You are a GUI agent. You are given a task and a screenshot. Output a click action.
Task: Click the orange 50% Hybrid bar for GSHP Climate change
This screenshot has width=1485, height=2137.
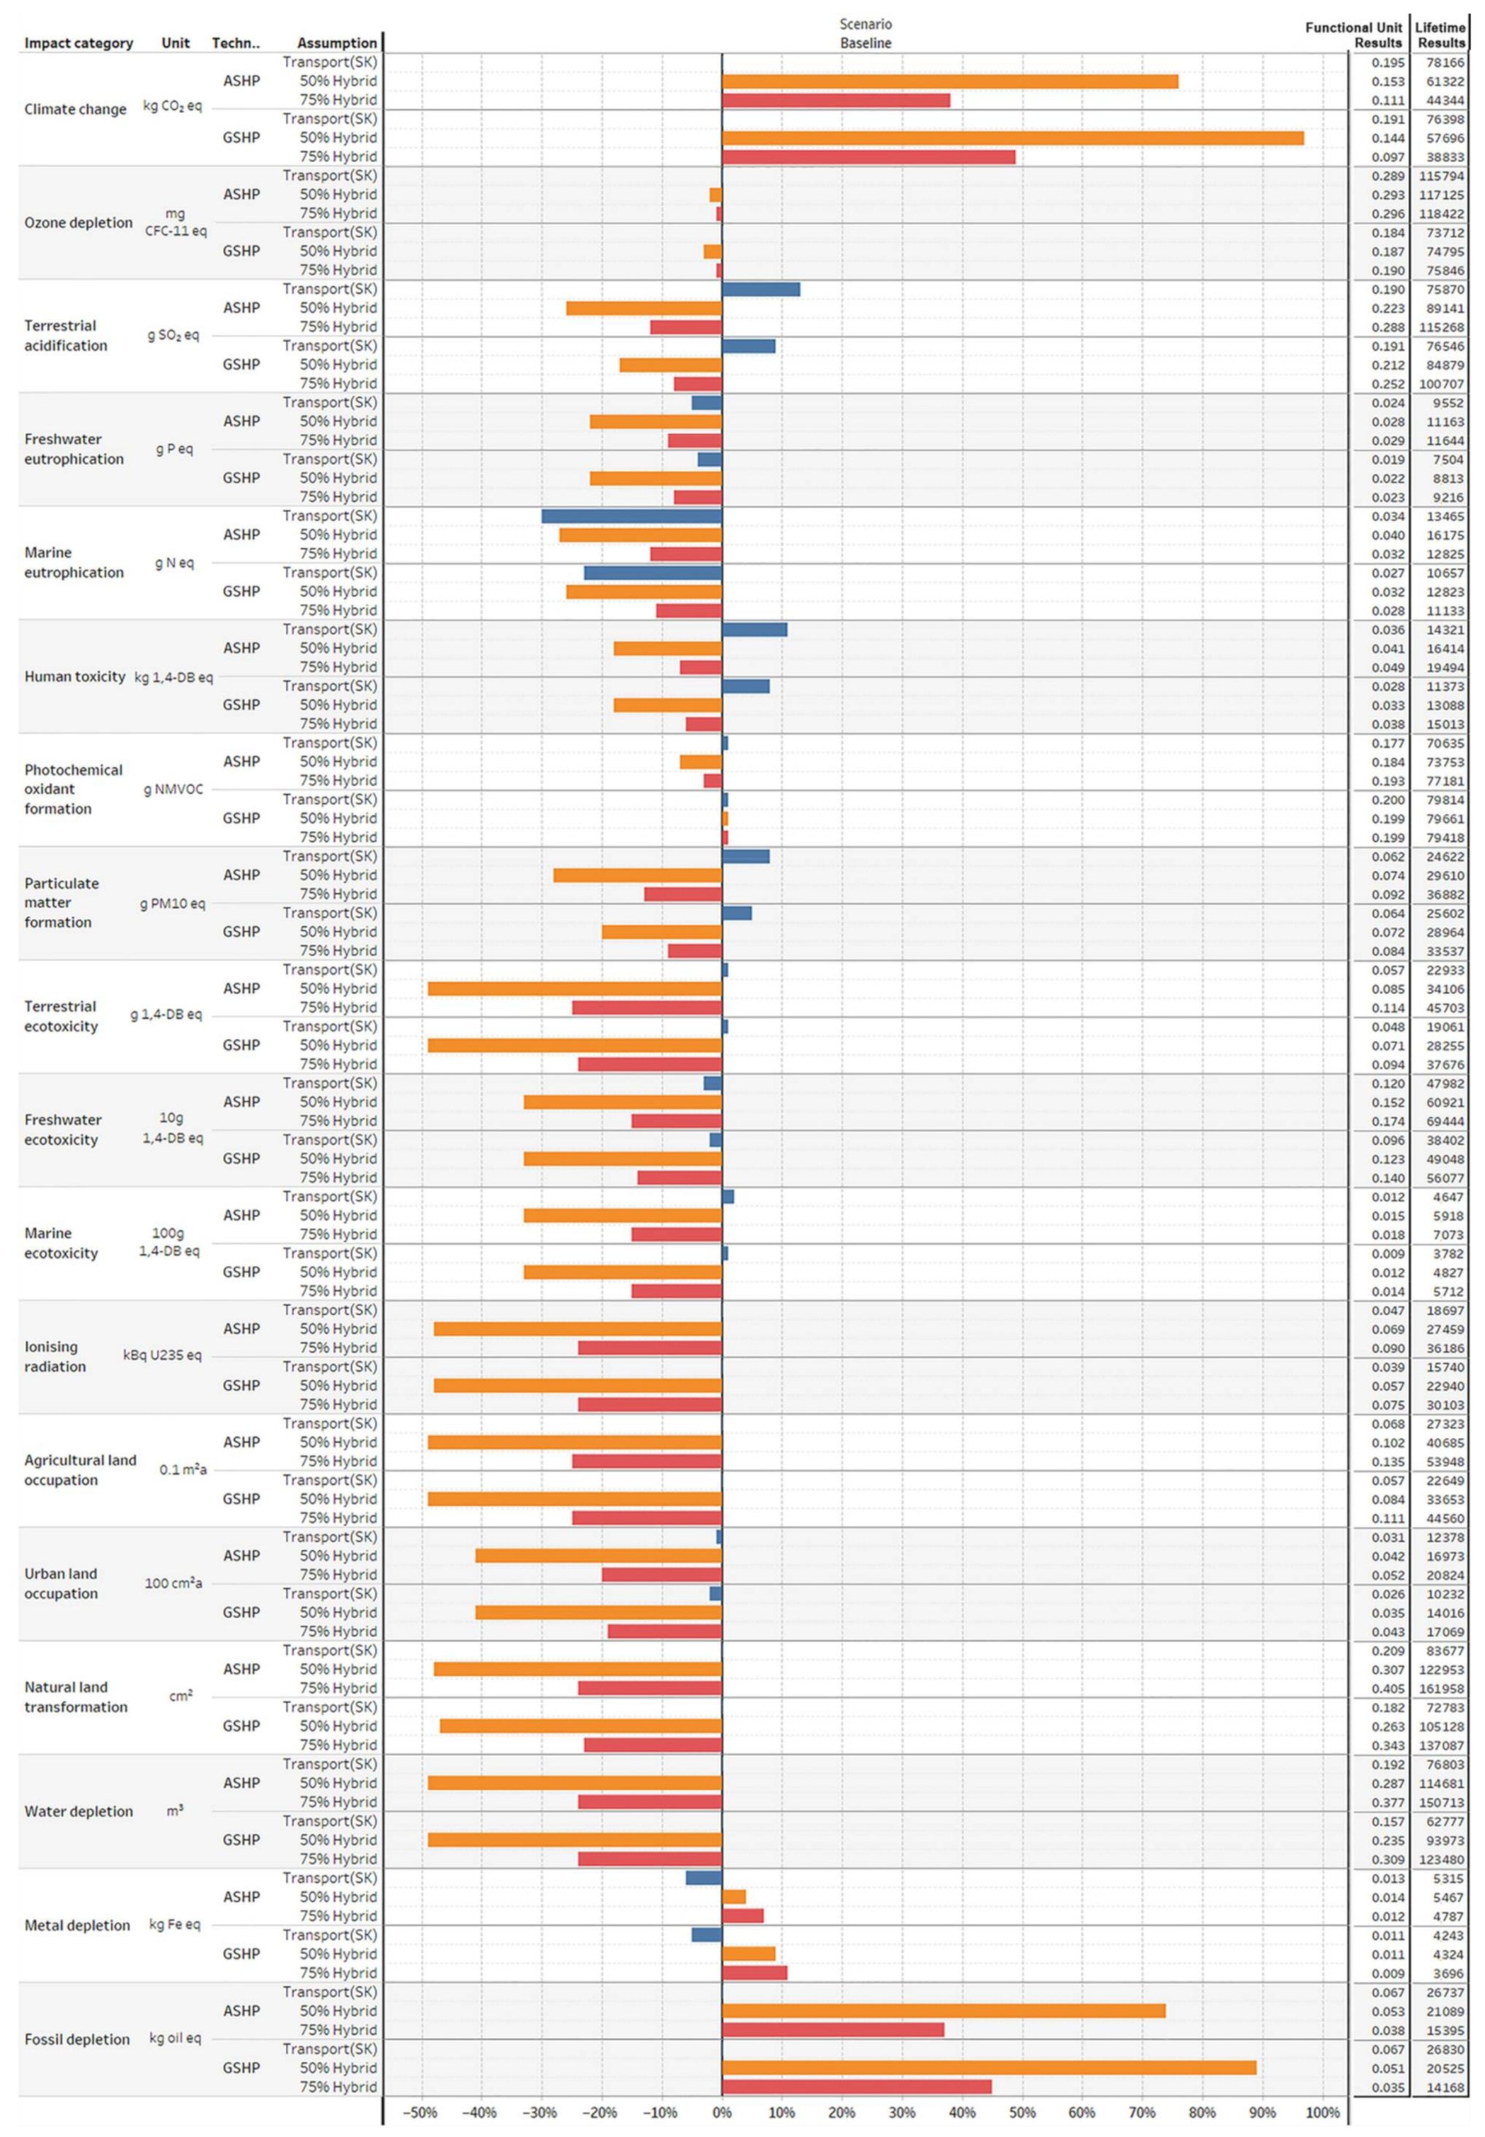1012,138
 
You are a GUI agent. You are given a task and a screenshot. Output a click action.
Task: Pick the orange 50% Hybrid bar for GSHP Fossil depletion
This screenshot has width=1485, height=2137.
988,2067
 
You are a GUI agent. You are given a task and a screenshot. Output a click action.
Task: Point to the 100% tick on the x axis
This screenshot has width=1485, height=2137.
1322,2112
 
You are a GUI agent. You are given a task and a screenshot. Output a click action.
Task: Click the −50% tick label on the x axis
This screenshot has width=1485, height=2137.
420,2112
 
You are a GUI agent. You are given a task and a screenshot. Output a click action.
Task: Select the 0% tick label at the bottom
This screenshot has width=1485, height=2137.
721,2112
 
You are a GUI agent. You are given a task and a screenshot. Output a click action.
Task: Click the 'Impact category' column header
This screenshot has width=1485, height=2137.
78,43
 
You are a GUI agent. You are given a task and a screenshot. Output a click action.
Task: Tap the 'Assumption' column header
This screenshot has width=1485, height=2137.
337,43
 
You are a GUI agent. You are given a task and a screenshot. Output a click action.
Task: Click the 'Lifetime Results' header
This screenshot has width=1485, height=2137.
1440,35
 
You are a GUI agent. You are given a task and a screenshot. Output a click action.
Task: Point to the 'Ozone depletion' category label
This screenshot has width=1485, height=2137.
78,222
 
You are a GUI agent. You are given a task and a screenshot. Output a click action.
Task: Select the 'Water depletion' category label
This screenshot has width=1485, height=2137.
78,1810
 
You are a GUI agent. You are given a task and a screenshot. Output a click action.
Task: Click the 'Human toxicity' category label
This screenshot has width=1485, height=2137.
74,676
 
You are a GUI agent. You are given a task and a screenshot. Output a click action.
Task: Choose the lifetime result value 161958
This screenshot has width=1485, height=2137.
1440,1688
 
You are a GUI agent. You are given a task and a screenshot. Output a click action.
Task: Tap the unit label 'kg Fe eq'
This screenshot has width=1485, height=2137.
174,1924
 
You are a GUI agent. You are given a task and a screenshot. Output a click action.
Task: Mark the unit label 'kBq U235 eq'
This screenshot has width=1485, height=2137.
162,1355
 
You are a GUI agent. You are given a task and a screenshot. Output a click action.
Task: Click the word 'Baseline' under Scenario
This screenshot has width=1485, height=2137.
865,43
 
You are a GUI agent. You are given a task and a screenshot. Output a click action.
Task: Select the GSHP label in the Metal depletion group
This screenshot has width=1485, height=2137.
241,1953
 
